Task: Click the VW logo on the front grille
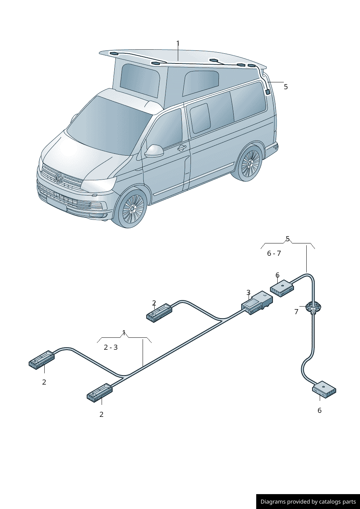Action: pyautogui.click(x=59, y=178)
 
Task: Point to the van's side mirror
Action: pyautogui.click(x=154, y=151)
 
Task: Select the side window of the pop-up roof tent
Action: pyautogui.click(x=201, y=83)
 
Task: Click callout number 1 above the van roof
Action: pyautogui.click(x=178, y=44)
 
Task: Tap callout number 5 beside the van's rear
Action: pyautogui.click(x=286, y=87)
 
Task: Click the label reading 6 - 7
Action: pyautogui.click(x=274, y=253)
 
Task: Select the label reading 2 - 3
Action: pyautogui.click(x=111, y=347)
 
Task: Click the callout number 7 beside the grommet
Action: pyautogui.click(x=296, y=312)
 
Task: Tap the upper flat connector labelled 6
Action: pyautogui.click(x=282, y=288)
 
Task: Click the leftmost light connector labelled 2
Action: pyautogui.click(x=42, y=360)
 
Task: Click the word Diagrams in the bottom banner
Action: pyautogui.click(x=273, y=502)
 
